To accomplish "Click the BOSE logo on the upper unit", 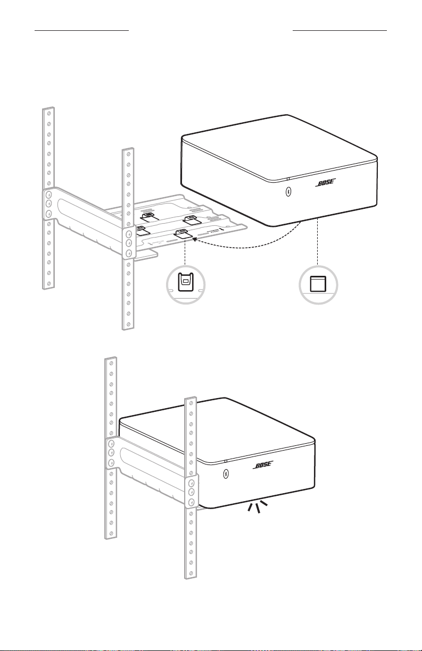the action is [x=326, y=183].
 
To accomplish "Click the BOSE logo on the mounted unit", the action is [x=263, y=464].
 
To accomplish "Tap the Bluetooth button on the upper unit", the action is [x=288, y=191].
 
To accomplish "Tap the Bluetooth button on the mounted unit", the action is [x=226, y=474].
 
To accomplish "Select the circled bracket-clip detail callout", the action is [x=186, y=284].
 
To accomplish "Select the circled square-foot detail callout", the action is [x=318, y=284].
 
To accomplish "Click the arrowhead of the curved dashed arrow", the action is [x=195, y=240].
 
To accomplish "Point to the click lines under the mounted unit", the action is [x=257, y=506].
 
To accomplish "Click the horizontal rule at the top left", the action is [x=82, y=30].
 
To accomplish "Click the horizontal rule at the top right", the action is [x=340, y=30].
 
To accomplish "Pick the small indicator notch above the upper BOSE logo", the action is [x=288, y=179].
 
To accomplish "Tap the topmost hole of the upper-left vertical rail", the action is [x=49, y=112].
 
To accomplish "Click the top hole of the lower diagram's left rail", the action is [x=111, y=363].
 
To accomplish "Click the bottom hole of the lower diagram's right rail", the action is [x=191, y=573].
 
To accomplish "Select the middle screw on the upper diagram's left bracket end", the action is [x=49, y=202].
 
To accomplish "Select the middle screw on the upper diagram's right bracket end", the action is [x=129, y=243].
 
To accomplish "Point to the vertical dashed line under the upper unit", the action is [x=318, y=242].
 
